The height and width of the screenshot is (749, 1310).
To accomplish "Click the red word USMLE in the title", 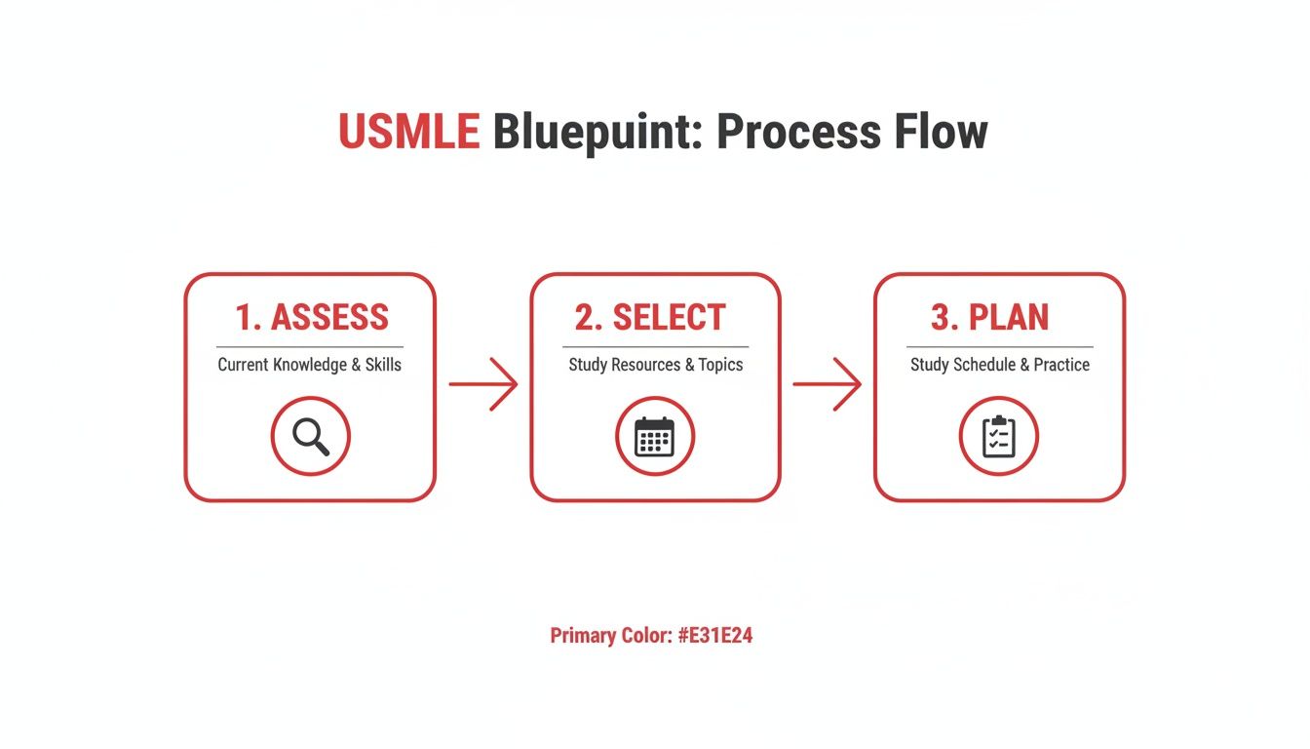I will point(408,132).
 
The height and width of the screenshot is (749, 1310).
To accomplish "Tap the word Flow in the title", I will point(935,132).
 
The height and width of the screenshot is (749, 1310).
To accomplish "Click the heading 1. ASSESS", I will point(311,318).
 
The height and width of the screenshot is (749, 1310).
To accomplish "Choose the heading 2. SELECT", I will point(650,318).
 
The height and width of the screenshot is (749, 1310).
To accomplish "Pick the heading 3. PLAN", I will point(989,318).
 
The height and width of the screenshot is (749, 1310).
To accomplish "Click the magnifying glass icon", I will point(311,436).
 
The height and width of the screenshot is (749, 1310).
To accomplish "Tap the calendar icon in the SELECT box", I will point(654,436).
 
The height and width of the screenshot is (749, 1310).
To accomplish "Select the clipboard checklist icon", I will point(998,436).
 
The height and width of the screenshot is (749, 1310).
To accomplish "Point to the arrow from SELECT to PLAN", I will point(827,384).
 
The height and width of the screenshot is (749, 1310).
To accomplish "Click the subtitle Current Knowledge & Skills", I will point(309,365).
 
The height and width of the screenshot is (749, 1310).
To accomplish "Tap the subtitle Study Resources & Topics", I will point(655,365).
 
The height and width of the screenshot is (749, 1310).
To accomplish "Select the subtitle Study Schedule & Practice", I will point(1000,365).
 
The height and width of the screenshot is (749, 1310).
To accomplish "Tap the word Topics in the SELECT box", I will point(720,365).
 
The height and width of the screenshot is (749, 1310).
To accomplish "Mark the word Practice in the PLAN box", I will point(1061,365).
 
